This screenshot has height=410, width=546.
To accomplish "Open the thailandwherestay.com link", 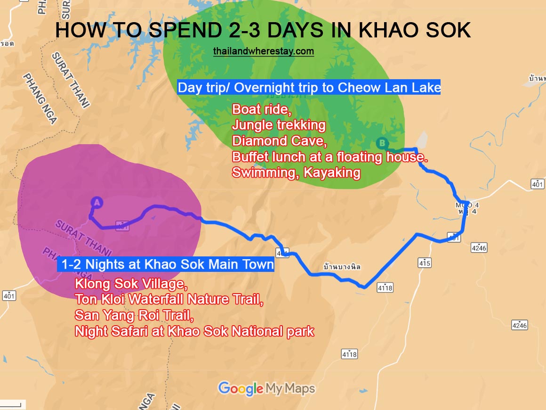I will click(263, 51).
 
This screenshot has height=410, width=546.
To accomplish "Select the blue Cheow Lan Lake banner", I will click(309, 87).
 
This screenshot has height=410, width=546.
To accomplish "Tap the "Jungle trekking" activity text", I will click(279, 125).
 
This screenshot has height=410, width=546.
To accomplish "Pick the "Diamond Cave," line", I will click(273, 141).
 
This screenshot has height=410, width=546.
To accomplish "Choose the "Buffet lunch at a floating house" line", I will click(329, 156).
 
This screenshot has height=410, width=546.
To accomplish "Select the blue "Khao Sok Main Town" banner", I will click(166, 264).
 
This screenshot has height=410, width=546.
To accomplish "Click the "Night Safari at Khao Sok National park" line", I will click(194, 331).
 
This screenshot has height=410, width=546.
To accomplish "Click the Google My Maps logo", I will click(266, 389).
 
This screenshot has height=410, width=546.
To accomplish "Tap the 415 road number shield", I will click(424, 262).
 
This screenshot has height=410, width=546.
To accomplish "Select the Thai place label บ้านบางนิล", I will click(342, 267).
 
